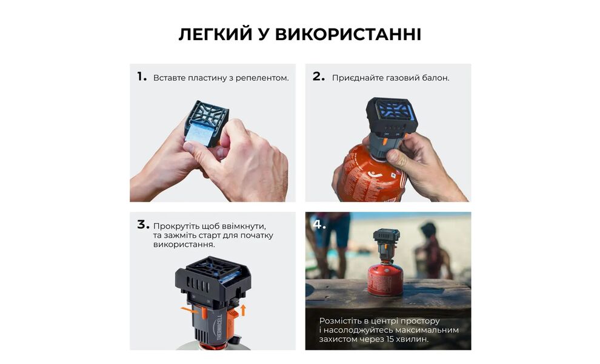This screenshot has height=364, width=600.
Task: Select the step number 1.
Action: point(142,77)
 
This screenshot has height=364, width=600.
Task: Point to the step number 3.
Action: point(142,224)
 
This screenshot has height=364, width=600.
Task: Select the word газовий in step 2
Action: point(401,78)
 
